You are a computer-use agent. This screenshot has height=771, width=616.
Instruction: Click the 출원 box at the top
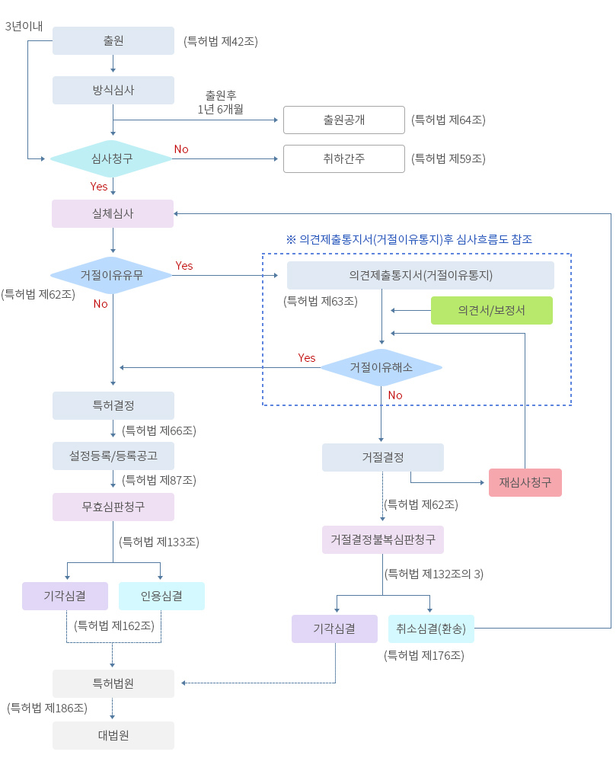pyautogui.click(x=113, y=40)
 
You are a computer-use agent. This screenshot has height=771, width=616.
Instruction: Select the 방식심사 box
pyautogui.click(x=113, y=90)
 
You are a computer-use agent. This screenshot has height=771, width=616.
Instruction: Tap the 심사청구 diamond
pyautogui.click(x=112, y=159)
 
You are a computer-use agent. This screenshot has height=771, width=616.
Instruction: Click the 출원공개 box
pyautogui.click(x=343, y=120)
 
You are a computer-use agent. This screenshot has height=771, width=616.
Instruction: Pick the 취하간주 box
pyautogui.click(x=343, y=159)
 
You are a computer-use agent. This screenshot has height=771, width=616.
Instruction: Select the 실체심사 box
pyautogui.click(x=113, y=213)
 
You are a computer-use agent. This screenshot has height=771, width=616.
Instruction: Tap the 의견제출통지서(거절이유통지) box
pyautogui.click(x=420, y=275)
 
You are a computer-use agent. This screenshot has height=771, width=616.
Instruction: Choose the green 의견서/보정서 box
pyautogui.click(x=491, y=310)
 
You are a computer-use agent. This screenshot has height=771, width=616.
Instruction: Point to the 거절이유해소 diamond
pyautogui.click(x=381, y=367)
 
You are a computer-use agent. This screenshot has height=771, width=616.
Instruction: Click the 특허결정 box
pyautogui.click(x=113, y=405)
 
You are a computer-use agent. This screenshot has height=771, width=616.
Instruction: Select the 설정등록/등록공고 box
pyautogui.click(x=113, y=456)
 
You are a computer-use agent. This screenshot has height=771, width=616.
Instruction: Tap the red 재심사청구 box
pyautogui.click(x=525, y=482)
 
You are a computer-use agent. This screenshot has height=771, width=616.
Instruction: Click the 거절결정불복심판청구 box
pyautogui.click(x=382, y=539)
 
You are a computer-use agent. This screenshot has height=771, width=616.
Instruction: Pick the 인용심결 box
pyautogui.click(x=161, y=596)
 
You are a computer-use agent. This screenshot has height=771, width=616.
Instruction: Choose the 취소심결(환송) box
pyautogui.click(x=431, y=629)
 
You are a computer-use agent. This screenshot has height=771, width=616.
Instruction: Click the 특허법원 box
pyautogui.click(x=113, y=683)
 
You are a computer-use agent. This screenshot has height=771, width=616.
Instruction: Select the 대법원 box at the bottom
pyautogui.click(x=113, y=735)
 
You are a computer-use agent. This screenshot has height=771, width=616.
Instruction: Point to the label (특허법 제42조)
pyautogui.click(x=221, y=41)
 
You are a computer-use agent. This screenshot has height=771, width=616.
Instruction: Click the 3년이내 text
pyautogui.click(x=24, y=27)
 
